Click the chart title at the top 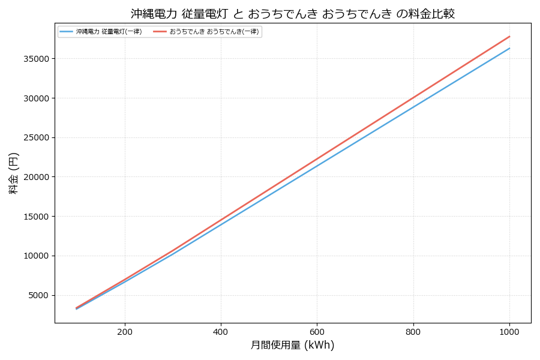[293, 13]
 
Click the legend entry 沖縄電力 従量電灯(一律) [109, 32]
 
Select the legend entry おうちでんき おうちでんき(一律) [214, 32]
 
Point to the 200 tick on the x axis [125, 331]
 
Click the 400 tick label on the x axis [221, 331]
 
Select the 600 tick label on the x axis [317, 331]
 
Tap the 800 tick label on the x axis [413, 331]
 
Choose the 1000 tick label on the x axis [509, 331]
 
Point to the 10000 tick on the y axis [38, 256]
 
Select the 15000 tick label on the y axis [38, 217]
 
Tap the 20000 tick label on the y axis [38, 177]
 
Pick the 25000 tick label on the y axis [38, 137]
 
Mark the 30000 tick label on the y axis [38, 98]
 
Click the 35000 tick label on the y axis [38, 59]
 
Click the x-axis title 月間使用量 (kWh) [292, 346]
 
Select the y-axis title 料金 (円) [13, 173]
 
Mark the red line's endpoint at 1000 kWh [509, 36]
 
